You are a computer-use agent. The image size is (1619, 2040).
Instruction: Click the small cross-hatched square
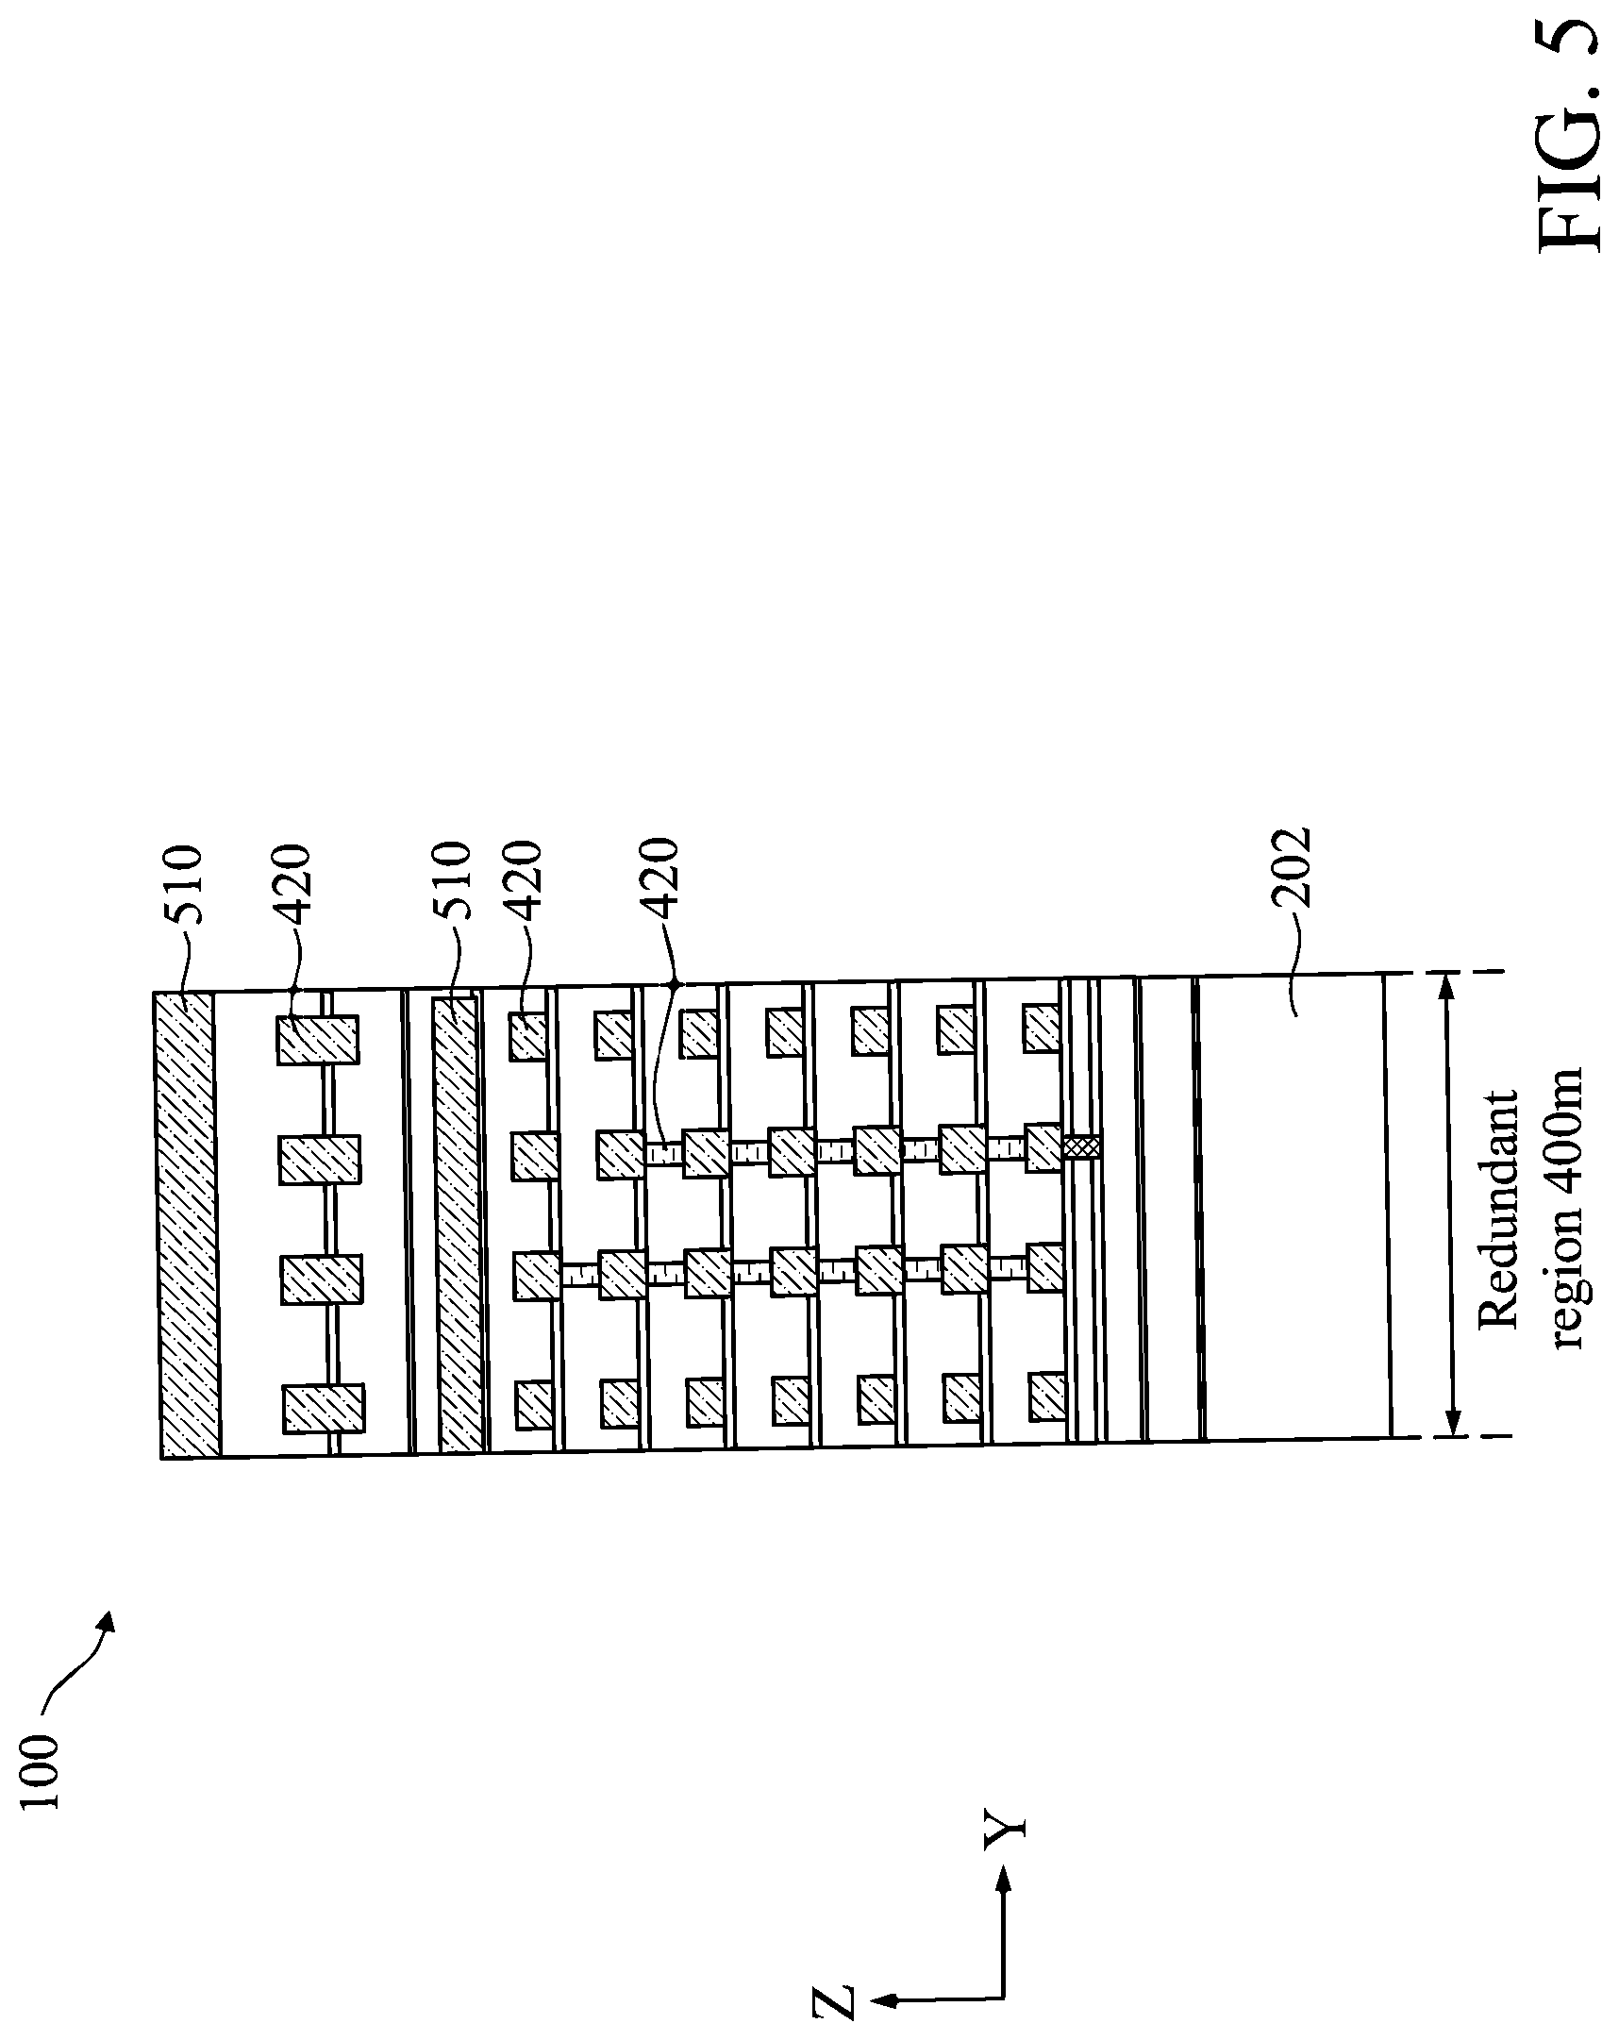pyautogui.click(x=1082, y=1147)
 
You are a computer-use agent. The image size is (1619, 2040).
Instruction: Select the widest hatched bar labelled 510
pyautogui.click(x=190, y=1225)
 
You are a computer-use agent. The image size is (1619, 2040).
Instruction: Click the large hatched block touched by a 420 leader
pyautogui.click(x=318, y=1040)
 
